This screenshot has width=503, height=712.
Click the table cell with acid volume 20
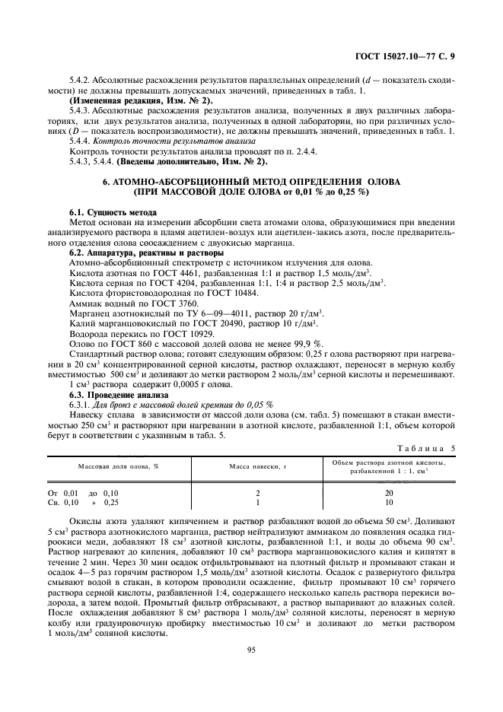pyautogui.click(x=389, y=493)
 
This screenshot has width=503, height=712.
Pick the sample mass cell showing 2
pyautogui.click(x=258, y=493)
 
